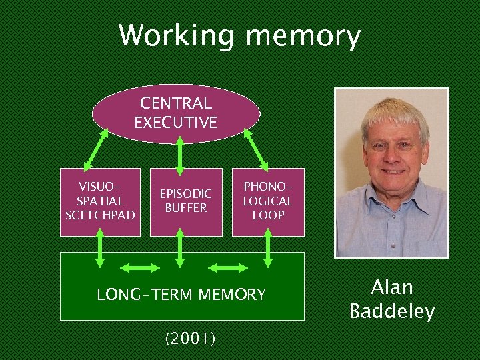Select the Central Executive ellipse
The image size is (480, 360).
176,113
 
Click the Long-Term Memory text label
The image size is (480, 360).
181,294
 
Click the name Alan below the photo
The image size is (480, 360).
392,287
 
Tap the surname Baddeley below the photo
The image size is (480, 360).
392,311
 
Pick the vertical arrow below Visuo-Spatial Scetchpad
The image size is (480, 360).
101,247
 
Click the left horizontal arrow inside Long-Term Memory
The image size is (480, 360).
138,268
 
